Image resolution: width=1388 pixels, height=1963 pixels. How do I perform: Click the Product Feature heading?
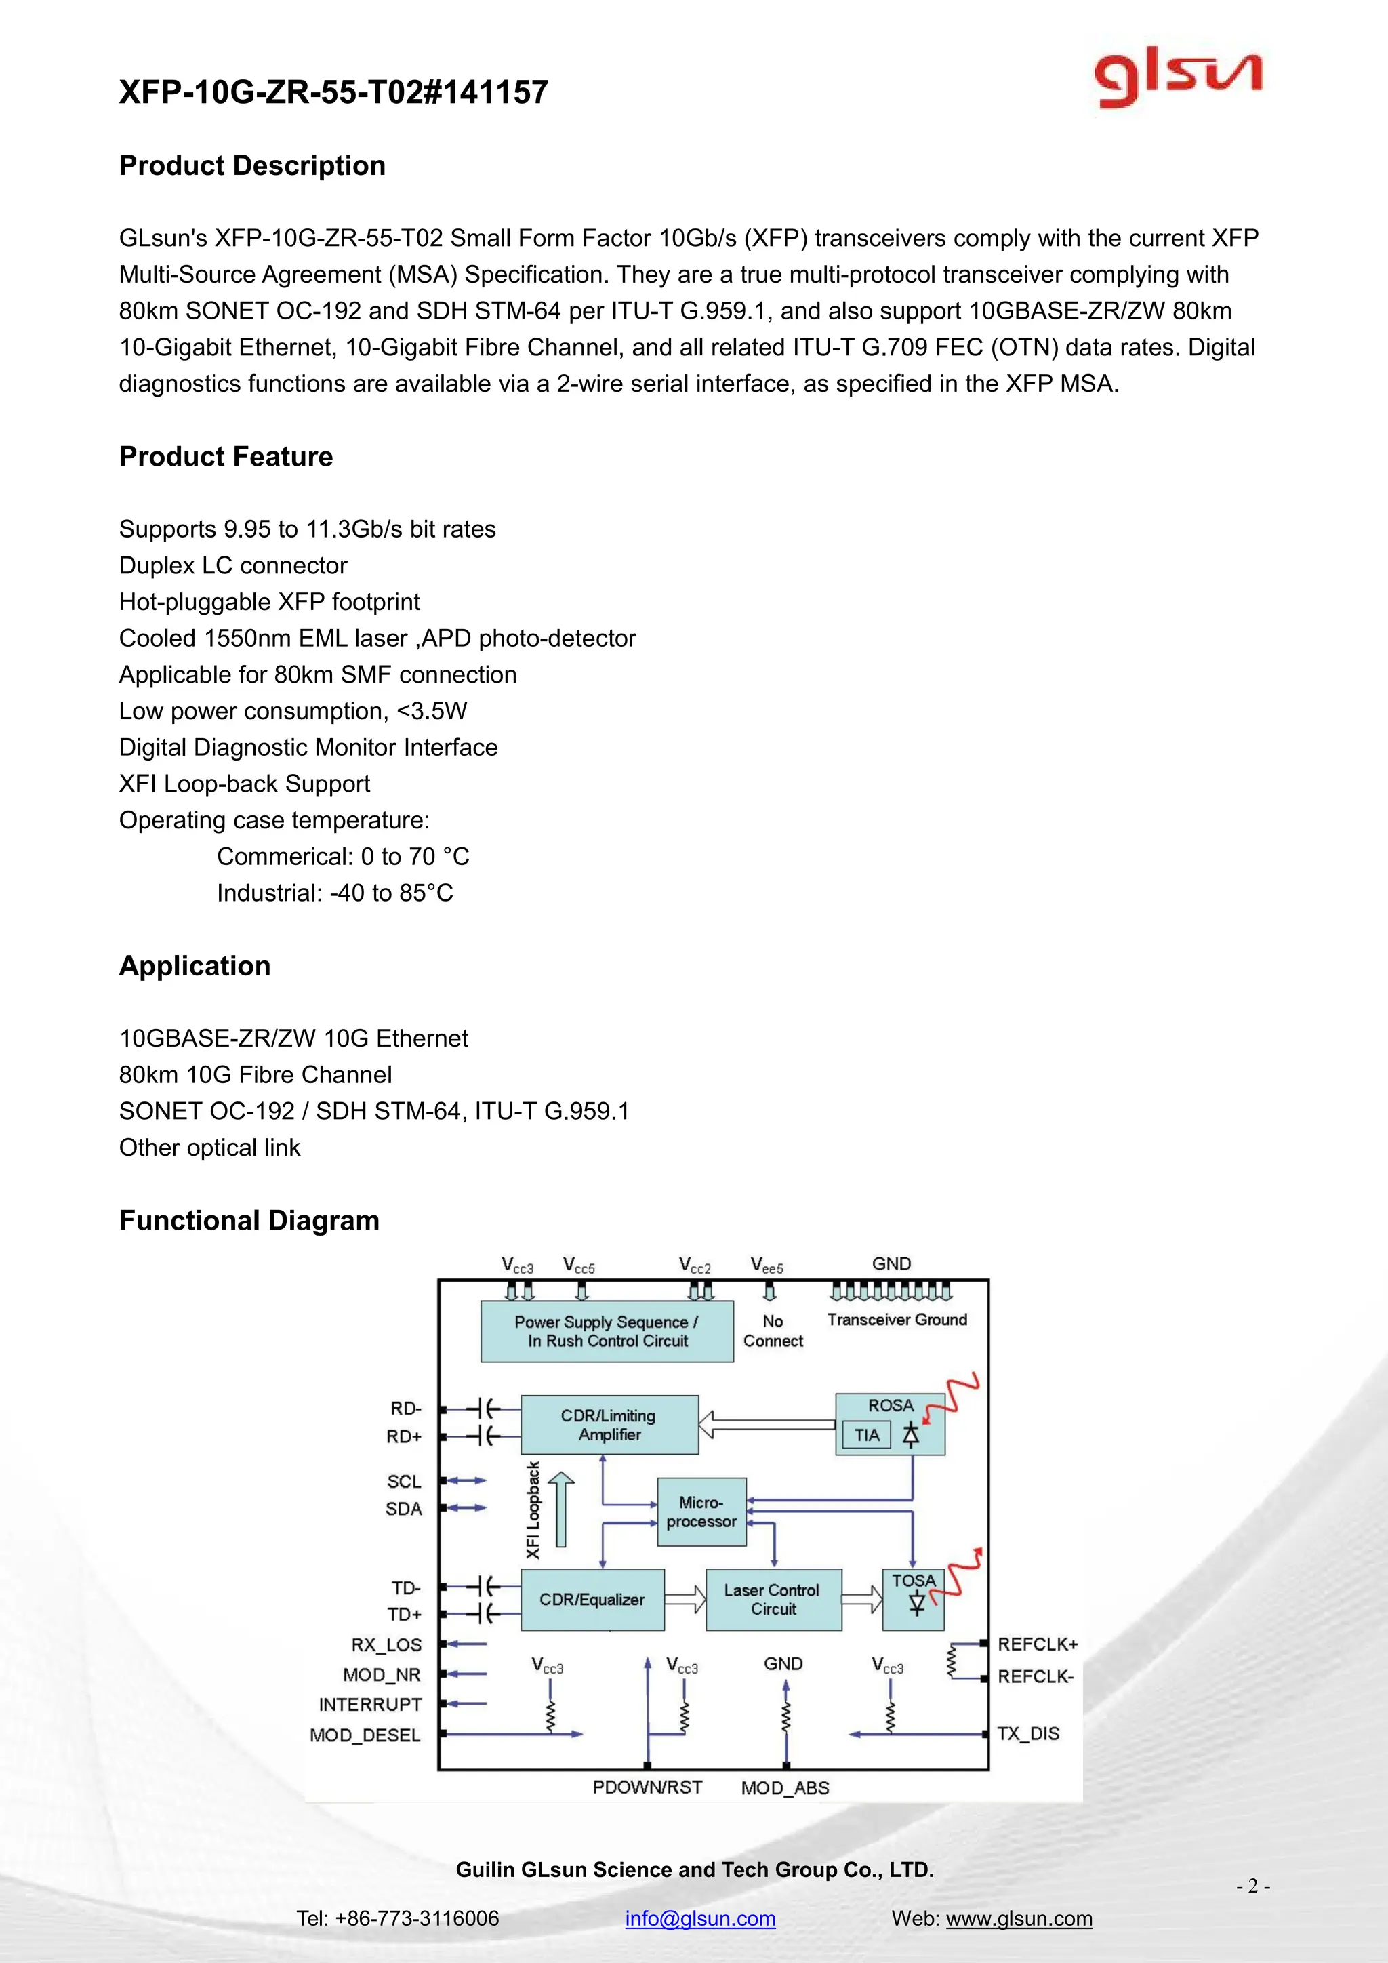point(226,457)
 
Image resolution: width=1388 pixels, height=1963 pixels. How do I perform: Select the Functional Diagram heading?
point(249,1220)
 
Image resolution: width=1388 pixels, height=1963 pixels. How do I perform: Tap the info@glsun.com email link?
point(700,1918)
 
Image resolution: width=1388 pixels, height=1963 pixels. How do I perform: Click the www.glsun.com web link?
point(1019,1918)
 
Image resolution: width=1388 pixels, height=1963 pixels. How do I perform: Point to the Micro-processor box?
point(701,1512)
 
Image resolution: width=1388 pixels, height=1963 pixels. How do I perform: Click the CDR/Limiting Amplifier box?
point(609,1424)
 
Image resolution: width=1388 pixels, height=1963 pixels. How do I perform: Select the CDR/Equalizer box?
point(592,1599)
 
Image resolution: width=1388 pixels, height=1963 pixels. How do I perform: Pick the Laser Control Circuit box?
point(773,1599)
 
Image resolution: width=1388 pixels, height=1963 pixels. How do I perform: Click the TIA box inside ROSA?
point(867,1435)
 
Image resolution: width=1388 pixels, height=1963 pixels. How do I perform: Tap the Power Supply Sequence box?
point(607,1331)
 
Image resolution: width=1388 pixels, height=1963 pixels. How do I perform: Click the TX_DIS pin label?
point(1028,1733)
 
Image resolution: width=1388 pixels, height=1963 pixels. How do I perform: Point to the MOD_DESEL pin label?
point(365,1735)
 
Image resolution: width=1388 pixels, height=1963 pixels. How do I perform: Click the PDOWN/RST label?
point(647,1787)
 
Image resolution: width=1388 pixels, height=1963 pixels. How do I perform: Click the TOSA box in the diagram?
point(913,1597)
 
